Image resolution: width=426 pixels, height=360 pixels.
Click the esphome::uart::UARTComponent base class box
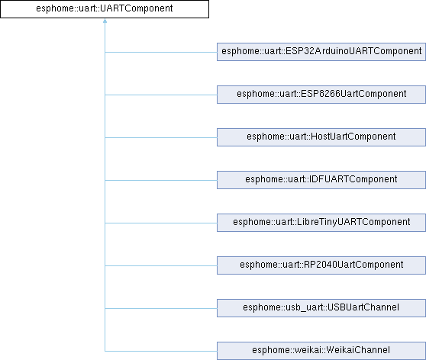105,9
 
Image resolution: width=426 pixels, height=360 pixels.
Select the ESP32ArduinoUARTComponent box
321,52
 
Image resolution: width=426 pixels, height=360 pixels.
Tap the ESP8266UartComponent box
321,95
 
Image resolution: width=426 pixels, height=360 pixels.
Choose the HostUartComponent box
321,137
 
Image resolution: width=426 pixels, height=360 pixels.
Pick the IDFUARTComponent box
321,180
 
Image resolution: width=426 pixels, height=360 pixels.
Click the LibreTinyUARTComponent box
321,223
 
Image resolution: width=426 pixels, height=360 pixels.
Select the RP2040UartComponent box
321,265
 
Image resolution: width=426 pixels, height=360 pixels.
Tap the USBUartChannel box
321,308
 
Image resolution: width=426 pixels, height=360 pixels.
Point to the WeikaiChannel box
321,351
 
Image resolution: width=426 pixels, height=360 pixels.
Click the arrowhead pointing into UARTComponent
105,21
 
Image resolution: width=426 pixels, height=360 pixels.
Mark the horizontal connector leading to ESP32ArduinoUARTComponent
161,52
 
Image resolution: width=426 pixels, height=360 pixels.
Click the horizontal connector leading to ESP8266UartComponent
161,95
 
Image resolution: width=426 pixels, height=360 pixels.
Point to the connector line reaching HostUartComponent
161,137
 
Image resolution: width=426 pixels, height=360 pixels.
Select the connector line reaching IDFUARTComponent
161,180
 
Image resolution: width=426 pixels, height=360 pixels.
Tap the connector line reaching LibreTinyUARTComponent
161,223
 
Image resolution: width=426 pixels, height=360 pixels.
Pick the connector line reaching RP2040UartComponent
161,265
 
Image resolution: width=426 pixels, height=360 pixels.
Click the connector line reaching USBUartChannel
161,308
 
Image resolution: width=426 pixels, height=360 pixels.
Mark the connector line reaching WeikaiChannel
161,351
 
